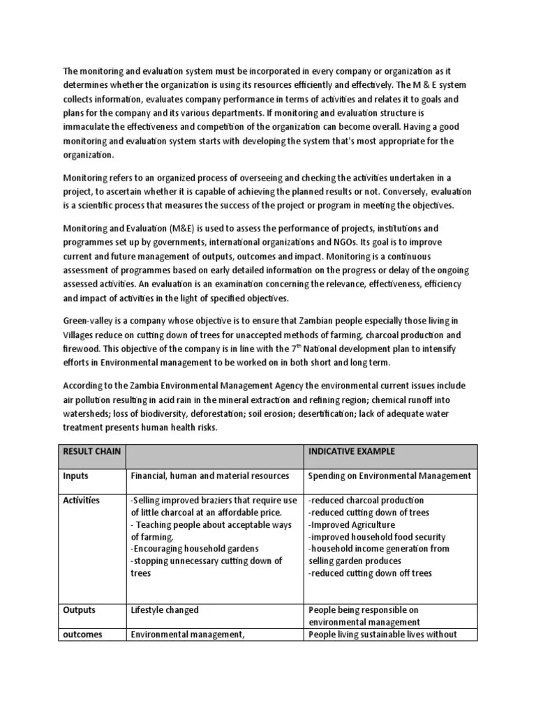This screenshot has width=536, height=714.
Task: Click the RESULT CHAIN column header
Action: click(91, 451)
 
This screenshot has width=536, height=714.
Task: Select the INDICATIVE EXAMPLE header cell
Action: click(351, 451)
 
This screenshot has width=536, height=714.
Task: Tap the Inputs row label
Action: click(77, 476)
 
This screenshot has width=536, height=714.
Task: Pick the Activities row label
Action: click(82, 500)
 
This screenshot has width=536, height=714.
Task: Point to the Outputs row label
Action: click(80, 610)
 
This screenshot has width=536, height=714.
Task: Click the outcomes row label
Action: click(82, 634)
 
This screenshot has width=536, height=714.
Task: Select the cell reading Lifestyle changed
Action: click(165, 610)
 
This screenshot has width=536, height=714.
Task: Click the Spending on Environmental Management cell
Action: click(389, 476)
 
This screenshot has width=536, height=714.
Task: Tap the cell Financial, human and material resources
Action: click(209, 476)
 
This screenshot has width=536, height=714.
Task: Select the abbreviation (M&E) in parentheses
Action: click(184, 228)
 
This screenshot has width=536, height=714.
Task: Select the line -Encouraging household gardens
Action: click(193, 549)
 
